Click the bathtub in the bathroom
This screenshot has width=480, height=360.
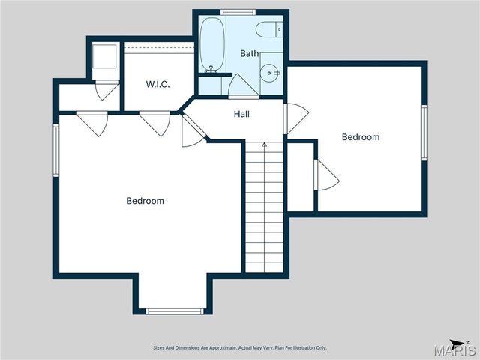pyautogui.click(x=209, y=43)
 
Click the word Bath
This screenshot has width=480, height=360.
pyautogui.click(x=249, y=54)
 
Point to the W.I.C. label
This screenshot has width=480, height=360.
pyautogui.click(x=157, y=85)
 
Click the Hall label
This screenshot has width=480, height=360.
pyautogui.click(x=241, y=115)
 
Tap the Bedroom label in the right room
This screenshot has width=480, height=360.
pyautogui.click(x=361, y=137)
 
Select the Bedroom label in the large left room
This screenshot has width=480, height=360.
pyautogui.click(x=145, y=201)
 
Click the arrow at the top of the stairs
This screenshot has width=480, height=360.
pyautogui.click(x=264, y=145)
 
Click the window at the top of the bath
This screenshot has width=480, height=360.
pyautogui.click(x=238, y=11)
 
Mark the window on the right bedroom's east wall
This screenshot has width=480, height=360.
pyautogui.click(x=424, y=132)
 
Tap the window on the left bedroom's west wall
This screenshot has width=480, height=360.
pyautogui.click(x=55, y=150)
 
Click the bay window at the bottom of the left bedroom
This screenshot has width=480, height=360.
pyautogui.click(x=175, y=310)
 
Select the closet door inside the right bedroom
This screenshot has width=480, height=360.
pyautogui.click(x=326, y=177)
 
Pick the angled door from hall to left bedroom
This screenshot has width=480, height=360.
pyautogui.click(x=192, y=132)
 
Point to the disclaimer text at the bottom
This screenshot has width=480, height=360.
pyautogui.click(x=240, y=348)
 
